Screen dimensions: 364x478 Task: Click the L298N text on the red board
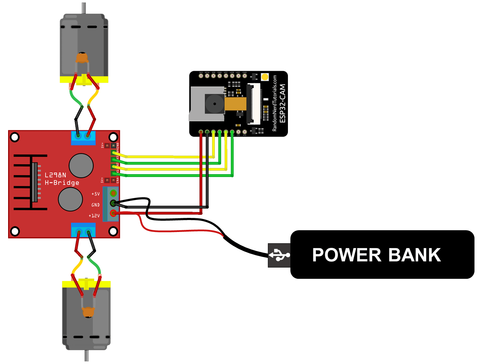coord(55,175)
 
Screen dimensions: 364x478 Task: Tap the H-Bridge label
coord(62,183)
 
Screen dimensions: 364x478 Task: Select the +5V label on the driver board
coord(95,194)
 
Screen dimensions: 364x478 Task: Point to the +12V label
coord(94,215)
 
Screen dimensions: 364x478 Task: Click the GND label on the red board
coord(95,205)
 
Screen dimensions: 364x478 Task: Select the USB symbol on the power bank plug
coord(279,255)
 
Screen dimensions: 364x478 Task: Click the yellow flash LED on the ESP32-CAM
coord(265,77)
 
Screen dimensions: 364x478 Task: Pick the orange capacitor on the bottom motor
coord(88,312)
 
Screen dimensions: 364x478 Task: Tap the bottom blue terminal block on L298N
coord(83,230)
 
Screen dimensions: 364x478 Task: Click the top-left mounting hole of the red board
coord(15,137)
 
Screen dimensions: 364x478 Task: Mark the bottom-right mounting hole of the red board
coord(113,231)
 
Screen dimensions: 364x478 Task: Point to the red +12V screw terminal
coord(113,213)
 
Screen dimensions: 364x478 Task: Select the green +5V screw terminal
coord(113,193)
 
